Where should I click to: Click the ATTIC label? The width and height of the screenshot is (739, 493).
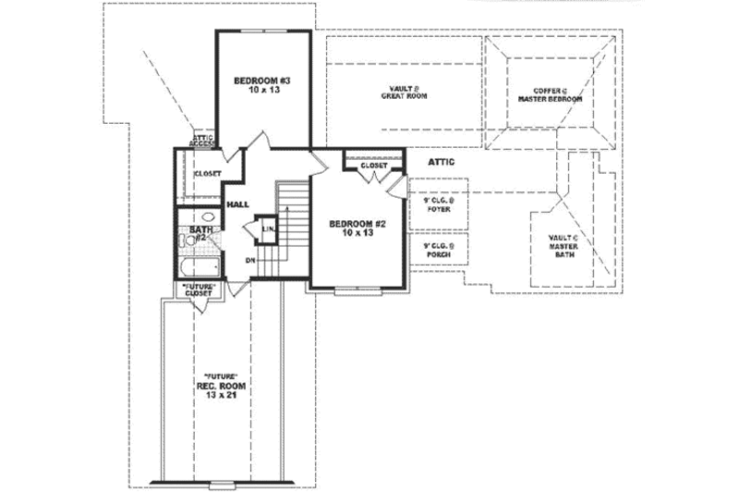pos(441,162)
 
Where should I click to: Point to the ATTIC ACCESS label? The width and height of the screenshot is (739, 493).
pos(202,140)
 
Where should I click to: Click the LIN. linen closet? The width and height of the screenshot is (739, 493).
pos(268,228)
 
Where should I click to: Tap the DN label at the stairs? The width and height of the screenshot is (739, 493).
pos(250,260)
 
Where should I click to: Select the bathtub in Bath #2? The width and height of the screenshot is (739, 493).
pos(198,267)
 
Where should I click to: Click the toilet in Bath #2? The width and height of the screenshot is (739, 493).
pos(183,241)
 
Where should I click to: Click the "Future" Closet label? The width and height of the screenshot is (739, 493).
pos(199,289)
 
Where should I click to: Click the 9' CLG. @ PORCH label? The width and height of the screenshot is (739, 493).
pos(438,249)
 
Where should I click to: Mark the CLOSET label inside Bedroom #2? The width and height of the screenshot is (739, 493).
pos(373,166)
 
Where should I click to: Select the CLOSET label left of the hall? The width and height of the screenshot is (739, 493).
pos(207,173)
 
